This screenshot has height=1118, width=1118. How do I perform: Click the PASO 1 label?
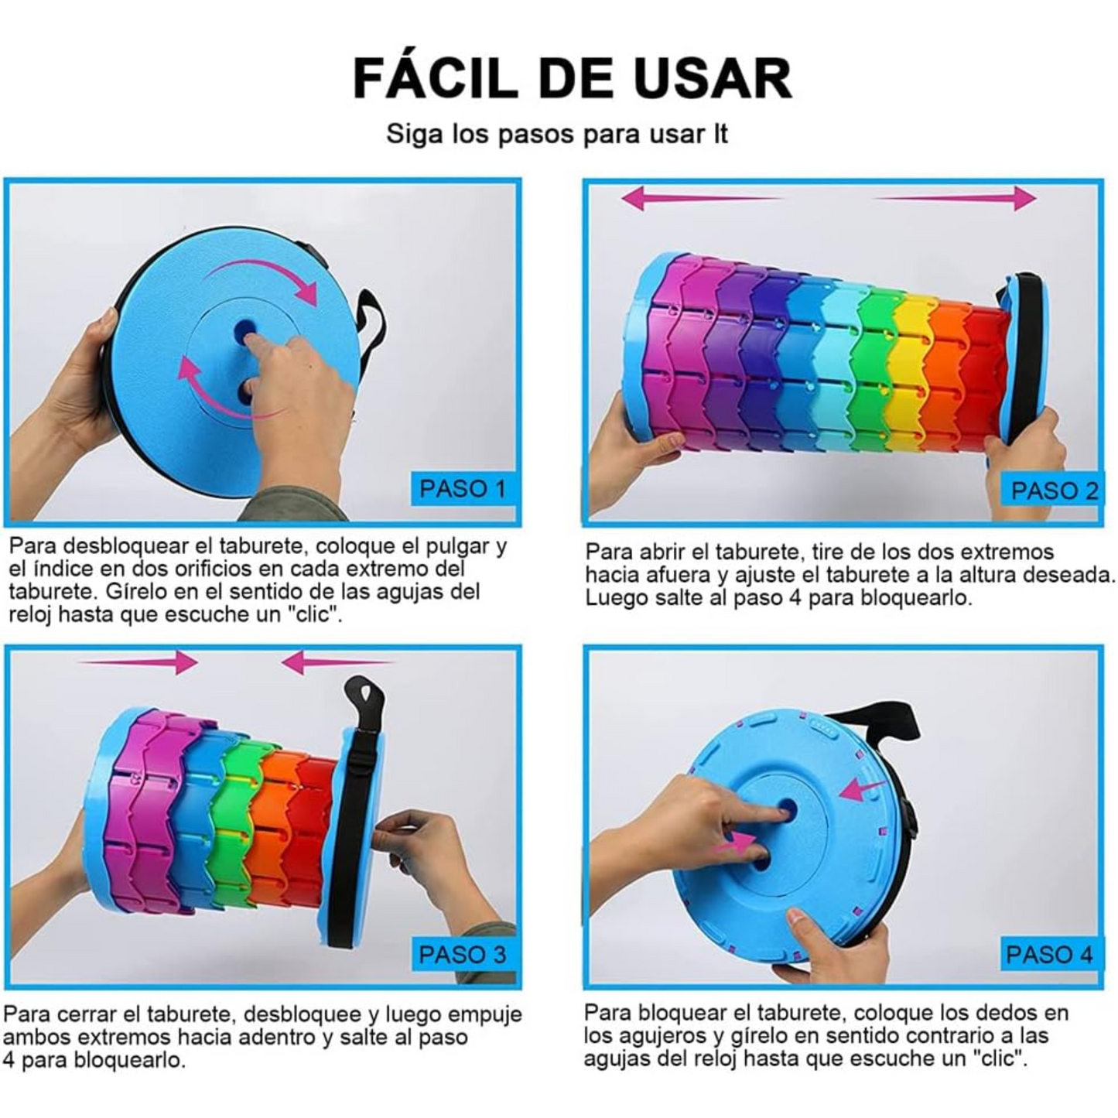click(x=462, y=489)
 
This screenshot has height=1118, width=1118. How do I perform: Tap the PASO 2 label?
click(x=1054, y=491)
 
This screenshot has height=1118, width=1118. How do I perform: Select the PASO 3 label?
click(x=462, y=954)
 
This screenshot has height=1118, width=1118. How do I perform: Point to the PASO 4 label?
click(x=1048, y=954)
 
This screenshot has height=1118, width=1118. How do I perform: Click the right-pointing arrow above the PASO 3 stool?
click(x=139, y=662)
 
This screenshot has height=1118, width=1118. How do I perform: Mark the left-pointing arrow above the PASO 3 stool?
click(x=337, y=662)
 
